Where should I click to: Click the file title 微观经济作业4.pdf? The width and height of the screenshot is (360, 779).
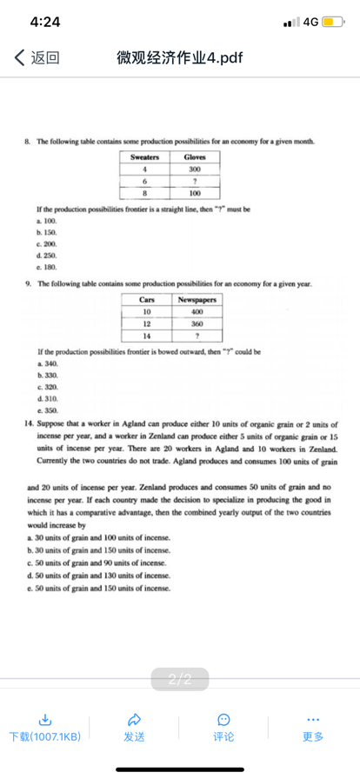[179, 58]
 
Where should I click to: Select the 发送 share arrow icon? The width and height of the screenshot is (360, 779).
[134, 718]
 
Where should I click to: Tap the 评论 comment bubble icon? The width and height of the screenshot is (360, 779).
[223, 718]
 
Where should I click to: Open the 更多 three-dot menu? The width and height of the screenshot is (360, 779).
[313, 718]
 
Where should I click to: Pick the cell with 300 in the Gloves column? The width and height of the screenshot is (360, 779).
[195, 169]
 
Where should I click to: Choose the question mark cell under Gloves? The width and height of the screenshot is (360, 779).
[195, 180]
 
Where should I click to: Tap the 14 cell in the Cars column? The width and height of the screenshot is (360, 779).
[147, 335]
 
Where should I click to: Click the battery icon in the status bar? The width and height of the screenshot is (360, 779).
[336, 20]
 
